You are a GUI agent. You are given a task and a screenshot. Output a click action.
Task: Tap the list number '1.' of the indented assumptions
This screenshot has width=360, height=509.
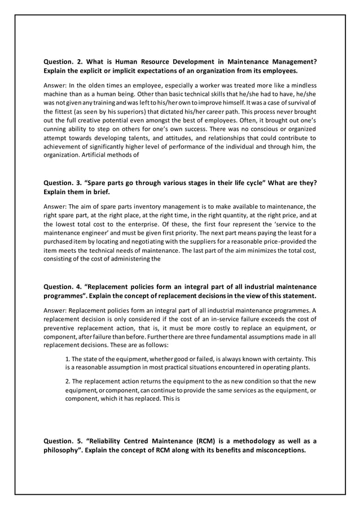tap(68, 359)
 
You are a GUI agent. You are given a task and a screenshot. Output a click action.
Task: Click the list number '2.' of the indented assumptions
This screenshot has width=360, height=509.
tap(68, 381)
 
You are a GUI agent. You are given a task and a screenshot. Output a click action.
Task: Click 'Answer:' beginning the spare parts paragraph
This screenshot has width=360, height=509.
tap(56, 207)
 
